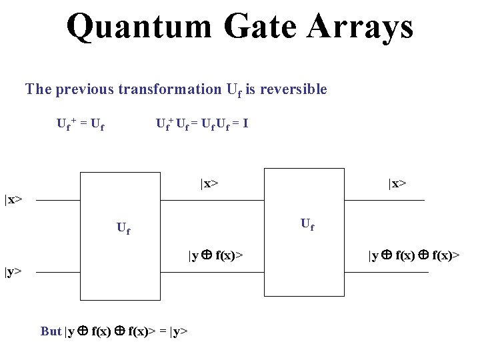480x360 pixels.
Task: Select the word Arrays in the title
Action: pyautogui.click(x=360, y=27)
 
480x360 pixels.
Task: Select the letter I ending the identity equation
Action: pyautogui.click(x=246, y=123)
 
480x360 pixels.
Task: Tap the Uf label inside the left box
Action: pyautogui.click(x=123, y=229)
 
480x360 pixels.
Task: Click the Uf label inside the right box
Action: pyautogui.click(x=307, y=224)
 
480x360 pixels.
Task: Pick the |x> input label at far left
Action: pyautogui.click(x=13, y=199)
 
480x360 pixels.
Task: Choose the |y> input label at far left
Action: pyautogui.click(x=13, y=271)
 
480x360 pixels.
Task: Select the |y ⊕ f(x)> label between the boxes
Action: pyautogui.click(x=215, y=255)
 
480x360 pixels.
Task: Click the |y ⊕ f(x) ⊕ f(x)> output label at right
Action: pyautogui.click(x=414, y=255)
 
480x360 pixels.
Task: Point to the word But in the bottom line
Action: pyautogui.click(x=51, y=331)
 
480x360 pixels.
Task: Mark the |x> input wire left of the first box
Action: pyautogui.click(x=57, y=199)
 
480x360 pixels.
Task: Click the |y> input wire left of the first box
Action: pyautogui.click(x=57, y=271)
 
